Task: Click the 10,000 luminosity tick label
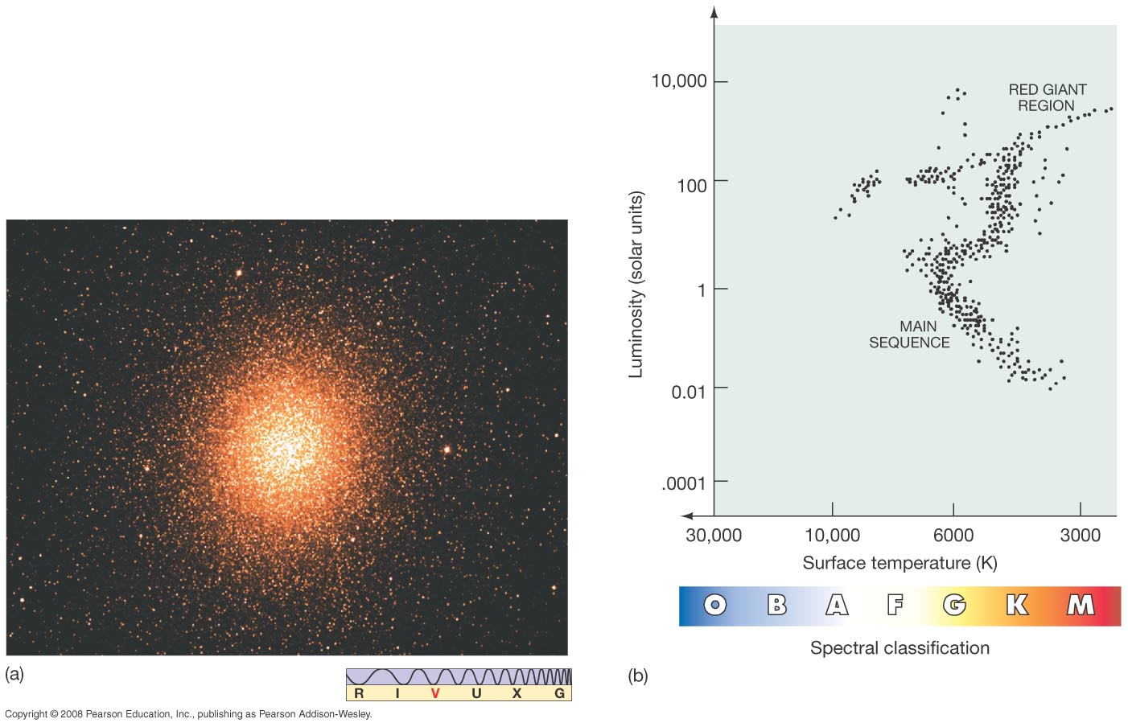[x=678, y=81]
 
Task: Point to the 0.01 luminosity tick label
[x=688, y=392]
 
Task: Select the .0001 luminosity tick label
[x=683, y=483]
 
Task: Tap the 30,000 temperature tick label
[x=714, y=536]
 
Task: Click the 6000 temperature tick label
[x=953, y=536]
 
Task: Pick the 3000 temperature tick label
[x=1080, y=536]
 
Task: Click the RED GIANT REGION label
[x=1047, y=97]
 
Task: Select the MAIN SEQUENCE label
[x=909, y=335]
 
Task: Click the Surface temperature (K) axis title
[x=900, y=563]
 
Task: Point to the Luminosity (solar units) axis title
[x=636, y=285]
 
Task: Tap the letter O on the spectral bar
[x=714, y=605]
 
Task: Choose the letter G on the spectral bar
[x=954, y=605]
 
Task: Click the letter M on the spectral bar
[x=1081, y=605]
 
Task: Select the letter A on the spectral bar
[x=837, y=605]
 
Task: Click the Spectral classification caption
[x=900, y=648]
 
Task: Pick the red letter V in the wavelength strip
[x=435, y=693]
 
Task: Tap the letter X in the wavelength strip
[x=517, y=693]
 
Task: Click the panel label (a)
[x=14, y=675]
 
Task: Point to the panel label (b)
[x=637, y=676]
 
